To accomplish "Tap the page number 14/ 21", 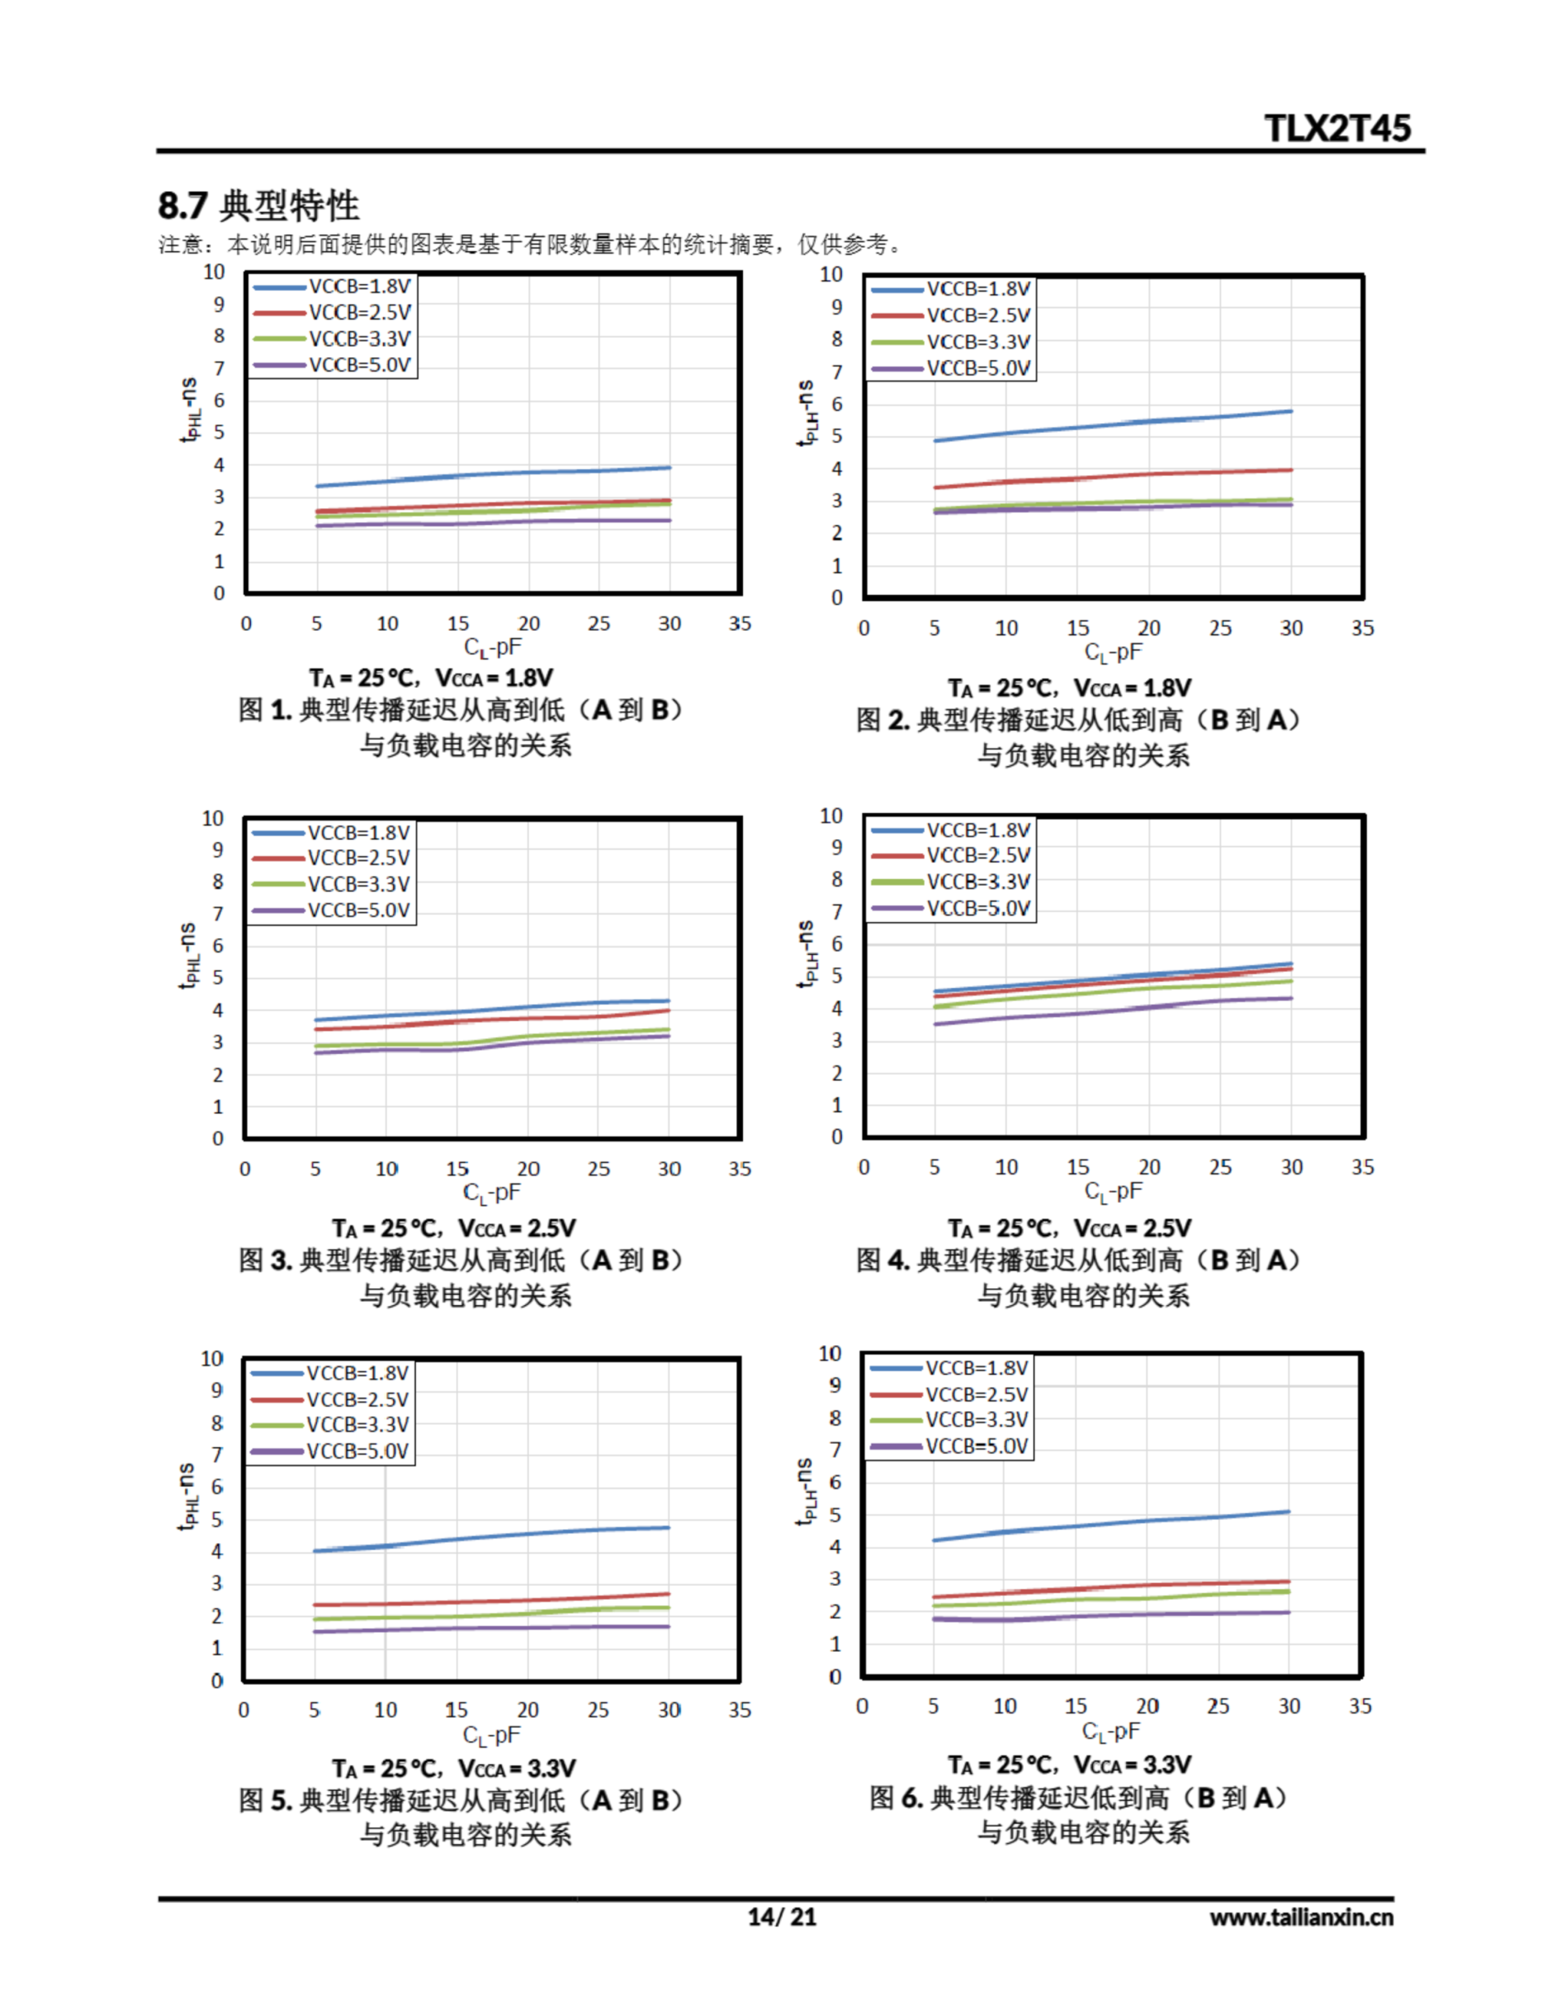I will coord(781,1916).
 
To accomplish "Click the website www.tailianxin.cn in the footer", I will coord(1301,1917).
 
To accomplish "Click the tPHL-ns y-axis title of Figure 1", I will coord(191,410).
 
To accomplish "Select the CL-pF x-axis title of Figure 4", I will coord(1113,1191).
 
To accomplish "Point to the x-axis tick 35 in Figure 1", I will coord(740,624).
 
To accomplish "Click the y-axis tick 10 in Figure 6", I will coord(830,1353).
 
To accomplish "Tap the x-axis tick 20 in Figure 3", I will coord(528,1169).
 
